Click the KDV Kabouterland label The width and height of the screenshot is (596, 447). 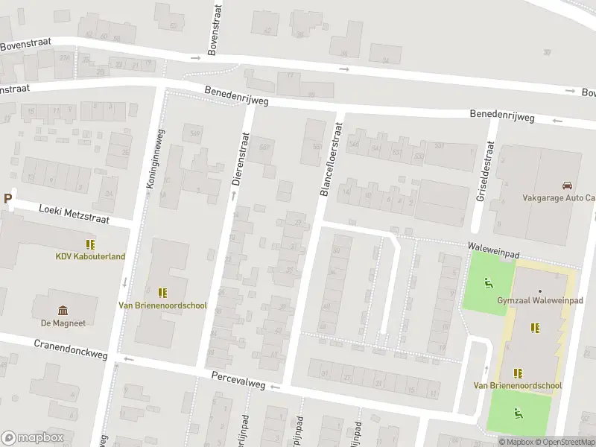coord(90,256)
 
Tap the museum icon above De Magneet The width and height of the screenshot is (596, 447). coord(63,311)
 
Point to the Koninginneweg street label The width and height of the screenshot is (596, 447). coord(157,163)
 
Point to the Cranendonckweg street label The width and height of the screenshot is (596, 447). coord(71,349)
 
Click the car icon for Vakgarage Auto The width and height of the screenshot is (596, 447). coord(567,186)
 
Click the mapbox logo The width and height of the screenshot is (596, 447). coord(32,437)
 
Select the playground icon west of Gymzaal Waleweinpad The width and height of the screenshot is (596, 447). coord(488,282)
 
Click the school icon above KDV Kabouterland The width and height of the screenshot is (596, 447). coord(90,244)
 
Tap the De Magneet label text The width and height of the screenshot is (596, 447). coord(63,323)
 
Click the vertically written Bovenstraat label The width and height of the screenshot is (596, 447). coord(215,28)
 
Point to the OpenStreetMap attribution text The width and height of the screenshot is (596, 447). coord(569,442)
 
